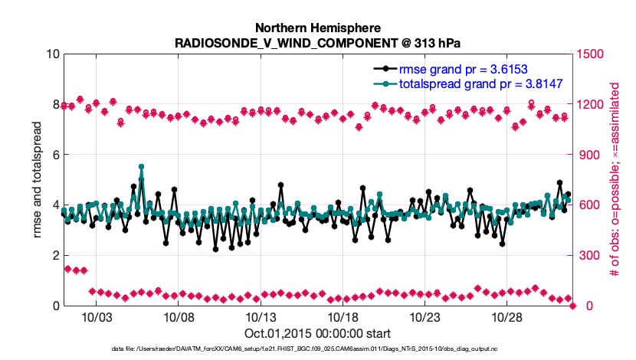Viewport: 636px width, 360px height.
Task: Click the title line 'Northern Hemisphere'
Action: pos(318,26)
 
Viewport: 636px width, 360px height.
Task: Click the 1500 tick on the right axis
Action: pos(592,54)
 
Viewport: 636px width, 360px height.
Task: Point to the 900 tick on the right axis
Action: pos(588,155)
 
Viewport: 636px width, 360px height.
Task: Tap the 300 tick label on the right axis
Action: pos(588,255)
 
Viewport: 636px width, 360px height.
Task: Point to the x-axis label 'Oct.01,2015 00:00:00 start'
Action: pos(318,333)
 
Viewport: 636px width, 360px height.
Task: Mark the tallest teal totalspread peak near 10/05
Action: pos(142,167)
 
